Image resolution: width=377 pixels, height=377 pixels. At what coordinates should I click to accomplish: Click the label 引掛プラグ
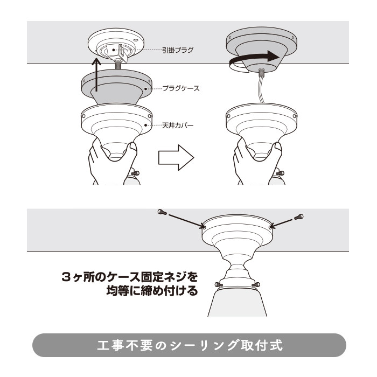click(178, 50)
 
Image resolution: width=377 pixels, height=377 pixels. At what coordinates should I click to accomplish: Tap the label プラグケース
click(181, 88)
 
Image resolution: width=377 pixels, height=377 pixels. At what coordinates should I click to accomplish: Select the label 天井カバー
click(178, 125)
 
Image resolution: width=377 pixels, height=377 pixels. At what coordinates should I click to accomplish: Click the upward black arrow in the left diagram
click(96, 75)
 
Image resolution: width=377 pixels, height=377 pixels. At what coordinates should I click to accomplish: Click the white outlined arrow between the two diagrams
click(176, 158)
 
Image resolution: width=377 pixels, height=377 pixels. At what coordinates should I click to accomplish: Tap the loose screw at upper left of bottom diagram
click(161, 212)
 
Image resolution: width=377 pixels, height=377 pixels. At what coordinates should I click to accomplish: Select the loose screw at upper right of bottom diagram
click(299, 217)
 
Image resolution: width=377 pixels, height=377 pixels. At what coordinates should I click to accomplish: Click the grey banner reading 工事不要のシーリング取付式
click(189, 345)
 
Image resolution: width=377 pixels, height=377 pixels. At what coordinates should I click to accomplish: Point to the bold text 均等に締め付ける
click(152, 291)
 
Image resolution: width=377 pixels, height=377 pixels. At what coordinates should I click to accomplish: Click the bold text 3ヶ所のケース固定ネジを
click(130, 277)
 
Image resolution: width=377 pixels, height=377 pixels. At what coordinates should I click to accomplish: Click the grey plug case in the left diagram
click(117, 87)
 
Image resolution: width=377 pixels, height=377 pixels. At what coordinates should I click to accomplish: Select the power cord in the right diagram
click(261, 87)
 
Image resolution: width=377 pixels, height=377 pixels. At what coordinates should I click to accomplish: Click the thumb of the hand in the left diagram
click(132, 150)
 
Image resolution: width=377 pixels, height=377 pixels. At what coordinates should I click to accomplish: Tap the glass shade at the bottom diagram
click(238, 301)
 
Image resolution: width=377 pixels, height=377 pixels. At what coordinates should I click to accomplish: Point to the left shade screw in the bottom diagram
click(218, 285)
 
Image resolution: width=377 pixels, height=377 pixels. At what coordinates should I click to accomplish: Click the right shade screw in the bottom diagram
click(256, 285)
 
